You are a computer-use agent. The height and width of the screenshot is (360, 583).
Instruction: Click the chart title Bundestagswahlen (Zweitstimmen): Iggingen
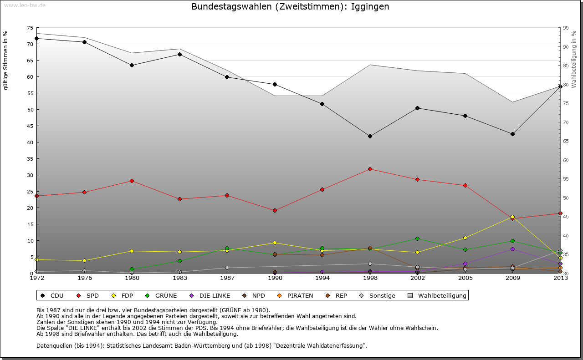[x=290, y=7]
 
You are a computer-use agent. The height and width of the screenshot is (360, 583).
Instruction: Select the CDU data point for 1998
[x=370, y=136]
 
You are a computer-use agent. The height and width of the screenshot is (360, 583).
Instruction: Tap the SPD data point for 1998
[x=370, y=169]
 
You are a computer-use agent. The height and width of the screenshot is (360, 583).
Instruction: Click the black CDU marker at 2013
[x=560, y=86]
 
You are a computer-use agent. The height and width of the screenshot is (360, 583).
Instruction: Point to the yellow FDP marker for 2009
[x=512, y=217]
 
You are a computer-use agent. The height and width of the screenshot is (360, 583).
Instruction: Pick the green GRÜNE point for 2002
[x=417, y=238]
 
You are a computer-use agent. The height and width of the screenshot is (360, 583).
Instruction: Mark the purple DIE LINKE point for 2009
[x=512, y=249]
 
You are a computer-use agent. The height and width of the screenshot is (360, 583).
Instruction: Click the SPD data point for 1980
[x=132, y=181]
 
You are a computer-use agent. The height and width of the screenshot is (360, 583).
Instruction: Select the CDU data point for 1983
[x=179, y=54]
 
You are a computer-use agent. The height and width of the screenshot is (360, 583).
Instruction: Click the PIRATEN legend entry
[x=295, y=296]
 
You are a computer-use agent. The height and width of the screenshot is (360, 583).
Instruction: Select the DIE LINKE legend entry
[x=210, y=296]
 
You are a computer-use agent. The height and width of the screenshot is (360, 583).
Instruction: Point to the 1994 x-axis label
[x=322, y=278]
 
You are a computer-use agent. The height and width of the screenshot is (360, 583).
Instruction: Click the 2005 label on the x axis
[x=465, y=278]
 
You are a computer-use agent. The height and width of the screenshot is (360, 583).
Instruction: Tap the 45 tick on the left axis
[x=30, y=126]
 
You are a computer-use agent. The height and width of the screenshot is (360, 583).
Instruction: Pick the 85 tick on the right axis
[x=566, y=66]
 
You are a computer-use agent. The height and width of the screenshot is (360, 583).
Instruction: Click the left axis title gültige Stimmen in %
[x=6, y=61]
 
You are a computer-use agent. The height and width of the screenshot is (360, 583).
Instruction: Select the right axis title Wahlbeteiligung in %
[x=574, y=59]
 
